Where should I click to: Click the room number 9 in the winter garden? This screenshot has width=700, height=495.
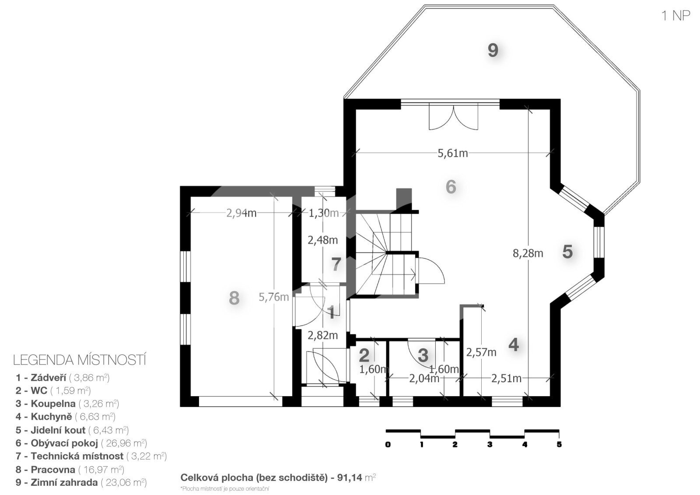coord(493,50)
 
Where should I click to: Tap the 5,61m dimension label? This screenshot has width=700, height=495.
coord(452,153)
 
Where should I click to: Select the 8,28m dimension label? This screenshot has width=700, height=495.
coord(528,253)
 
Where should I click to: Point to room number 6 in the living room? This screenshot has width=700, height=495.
coord(451,187)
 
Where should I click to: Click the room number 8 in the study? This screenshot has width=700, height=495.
coord(234,298)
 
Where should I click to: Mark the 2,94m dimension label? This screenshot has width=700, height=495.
coord(241,213)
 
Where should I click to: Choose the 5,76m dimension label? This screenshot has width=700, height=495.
coord(274,297)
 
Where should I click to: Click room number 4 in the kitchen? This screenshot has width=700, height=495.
coord(514,345)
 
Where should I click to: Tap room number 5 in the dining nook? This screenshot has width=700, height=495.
coord(567,252)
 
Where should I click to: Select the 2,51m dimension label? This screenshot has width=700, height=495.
coord(506,379)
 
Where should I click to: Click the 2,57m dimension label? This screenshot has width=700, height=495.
coord(481,352)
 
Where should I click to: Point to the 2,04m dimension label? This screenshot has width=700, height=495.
coord(424,379)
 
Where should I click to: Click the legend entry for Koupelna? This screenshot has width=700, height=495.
coord(67,404)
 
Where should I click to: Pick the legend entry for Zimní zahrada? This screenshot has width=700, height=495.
coord(81,482)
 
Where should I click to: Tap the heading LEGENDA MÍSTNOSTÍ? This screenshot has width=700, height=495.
coord(80,360)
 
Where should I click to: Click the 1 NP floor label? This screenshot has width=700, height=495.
coord(675,16)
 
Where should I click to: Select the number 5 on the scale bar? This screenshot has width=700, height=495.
coord(559,444)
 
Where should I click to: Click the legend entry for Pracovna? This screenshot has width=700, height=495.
coord(70,469)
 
